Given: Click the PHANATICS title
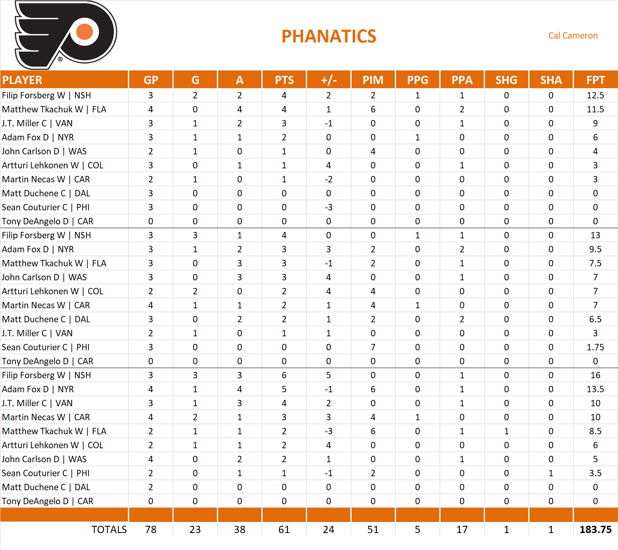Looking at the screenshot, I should (x=329, y=36).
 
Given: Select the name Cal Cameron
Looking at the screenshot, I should (x=573, y=36).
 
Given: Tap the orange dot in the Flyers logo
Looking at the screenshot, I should (x=85, y=32).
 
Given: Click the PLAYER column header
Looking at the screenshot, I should (x=22, y=80).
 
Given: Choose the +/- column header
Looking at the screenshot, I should (x=329, y=80).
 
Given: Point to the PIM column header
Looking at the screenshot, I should (x=373, y=80).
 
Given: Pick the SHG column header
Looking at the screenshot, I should (x=506, y=80).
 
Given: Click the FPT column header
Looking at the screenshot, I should (x=595, y=80).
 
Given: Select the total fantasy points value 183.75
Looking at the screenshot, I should (x=595, y=530).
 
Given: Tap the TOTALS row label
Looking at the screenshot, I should (x=109, y=530).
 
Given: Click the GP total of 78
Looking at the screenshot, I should (x=151, y=530).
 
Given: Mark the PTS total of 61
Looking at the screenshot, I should (x=284, y=530).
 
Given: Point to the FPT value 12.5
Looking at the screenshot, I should (x=595, y=95).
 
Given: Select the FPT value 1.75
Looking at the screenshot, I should (x=595, y=347).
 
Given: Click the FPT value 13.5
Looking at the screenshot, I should (x=595, y=389).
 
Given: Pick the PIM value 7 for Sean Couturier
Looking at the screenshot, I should (x=373, y=347).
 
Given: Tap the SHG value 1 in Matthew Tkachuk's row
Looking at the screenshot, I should (x=506, y=431).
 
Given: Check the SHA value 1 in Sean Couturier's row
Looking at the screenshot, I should (x=551, y=473).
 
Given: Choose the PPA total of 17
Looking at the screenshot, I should (x=462, y=530).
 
